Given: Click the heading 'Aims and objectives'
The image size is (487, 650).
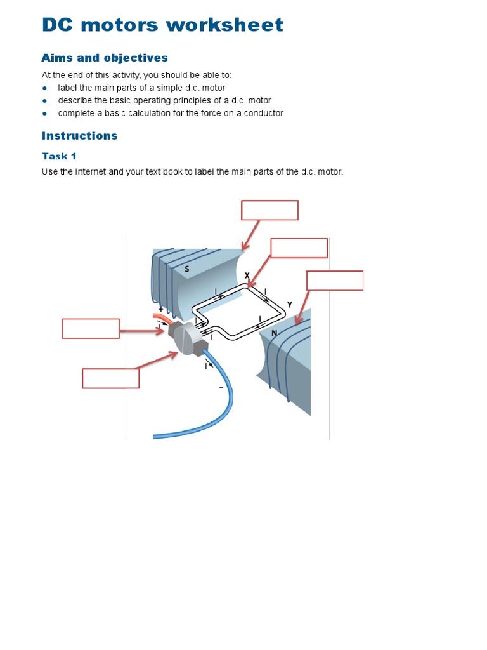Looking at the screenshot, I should click(105, 58).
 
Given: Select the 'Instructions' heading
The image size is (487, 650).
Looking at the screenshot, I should click(79, 135).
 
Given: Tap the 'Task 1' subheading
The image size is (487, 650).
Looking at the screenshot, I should click(59, 156).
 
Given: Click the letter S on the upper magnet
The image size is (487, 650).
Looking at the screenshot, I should click(187, 269).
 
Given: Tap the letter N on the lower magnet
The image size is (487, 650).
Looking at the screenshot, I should click(275, 333).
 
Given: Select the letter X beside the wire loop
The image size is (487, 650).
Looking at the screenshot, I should click(247, 275).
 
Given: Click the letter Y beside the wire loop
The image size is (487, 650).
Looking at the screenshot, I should click(289, 305).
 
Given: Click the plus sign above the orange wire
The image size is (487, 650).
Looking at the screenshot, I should click(161, 309).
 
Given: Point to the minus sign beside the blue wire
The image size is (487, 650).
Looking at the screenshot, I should click(221, 388).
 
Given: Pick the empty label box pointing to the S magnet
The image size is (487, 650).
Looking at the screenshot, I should click(269, 210).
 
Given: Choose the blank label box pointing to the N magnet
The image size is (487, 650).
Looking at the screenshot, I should click(334, 281).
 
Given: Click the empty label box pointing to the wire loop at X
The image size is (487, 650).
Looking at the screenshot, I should click(299, 248).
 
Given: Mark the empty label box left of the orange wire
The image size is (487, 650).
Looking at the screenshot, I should click(91, 328).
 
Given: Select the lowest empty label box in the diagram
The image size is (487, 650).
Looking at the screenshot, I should click(110, 378).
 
